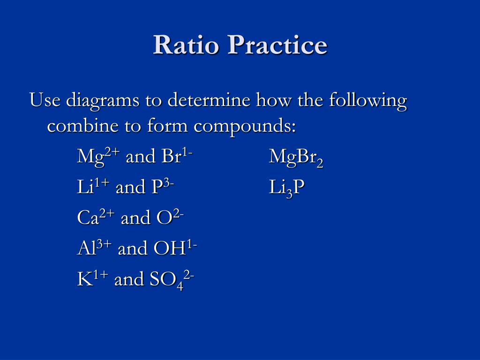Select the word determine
(x=209, y=100)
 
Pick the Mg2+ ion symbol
(x=98, y=156)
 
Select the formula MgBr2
(x=296, y=157)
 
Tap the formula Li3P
(x=287, y=187)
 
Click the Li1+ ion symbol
(x=93, y=187)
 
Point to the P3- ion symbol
(x=163, y=187)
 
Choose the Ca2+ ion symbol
(x=96, y=217)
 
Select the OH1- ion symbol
(x=175, y=247)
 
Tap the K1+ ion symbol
(x=92, y=278)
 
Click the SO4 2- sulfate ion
(x=172, y=280)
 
